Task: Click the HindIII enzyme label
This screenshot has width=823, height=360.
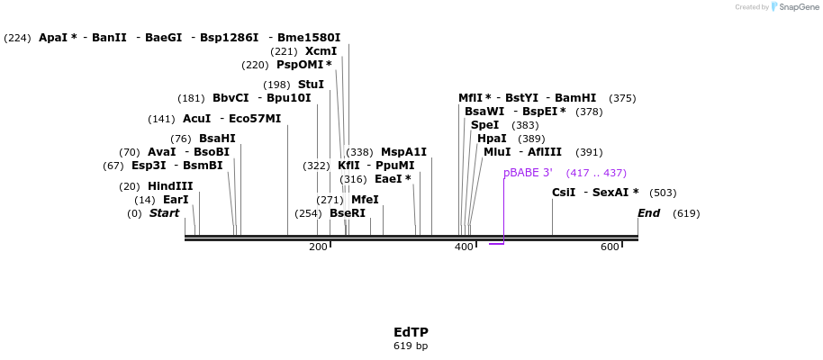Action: coord(170,186)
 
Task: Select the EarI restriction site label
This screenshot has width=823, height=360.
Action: coord(176,200)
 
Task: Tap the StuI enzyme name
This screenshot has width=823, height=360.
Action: coord(311,85)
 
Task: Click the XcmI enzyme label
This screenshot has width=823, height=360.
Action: coord(321,51)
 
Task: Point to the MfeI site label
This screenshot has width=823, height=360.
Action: coord(365,200)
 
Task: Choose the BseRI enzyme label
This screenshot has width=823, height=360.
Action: coord(348,213)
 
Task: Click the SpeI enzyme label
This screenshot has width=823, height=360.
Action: coord(484,125)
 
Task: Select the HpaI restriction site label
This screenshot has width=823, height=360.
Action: coord(492,139)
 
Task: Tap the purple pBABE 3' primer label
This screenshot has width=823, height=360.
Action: coord(527,173)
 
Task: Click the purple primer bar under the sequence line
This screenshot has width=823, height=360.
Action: coord(496,244)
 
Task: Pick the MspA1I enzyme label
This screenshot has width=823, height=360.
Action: coord(403,152)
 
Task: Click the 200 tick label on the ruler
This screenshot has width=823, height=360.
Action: coord(318,247)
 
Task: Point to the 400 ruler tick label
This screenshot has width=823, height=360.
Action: coord(464,247)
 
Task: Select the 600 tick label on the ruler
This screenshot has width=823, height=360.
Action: coord(610,247)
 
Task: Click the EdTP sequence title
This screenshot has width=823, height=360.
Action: coord(411,332)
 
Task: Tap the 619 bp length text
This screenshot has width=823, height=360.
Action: coord(411,346)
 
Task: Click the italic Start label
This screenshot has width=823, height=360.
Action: coord(164,213)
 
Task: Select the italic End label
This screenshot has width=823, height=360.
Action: coord(648,213)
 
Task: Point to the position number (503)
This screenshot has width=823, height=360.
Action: coord(663,193)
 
